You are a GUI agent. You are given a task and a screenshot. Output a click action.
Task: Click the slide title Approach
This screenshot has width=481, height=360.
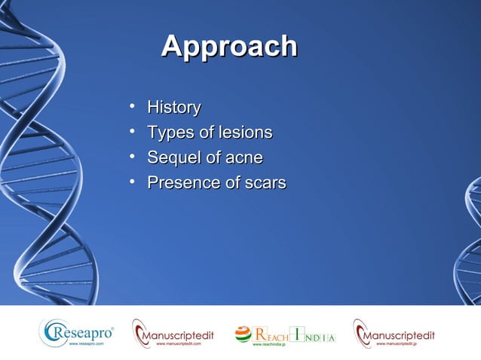point(229,47)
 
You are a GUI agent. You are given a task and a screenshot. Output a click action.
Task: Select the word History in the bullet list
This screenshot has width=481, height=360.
point(173,108)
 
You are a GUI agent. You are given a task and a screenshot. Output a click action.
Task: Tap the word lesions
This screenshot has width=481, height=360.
point(244,133)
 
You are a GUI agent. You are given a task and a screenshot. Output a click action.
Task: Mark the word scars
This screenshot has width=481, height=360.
point(264,183)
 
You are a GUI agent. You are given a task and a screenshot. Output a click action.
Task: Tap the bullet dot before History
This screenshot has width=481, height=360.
point(132,108)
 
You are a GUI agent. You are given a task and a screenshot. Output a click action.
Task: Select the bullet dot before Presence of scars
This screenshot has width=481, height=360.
point(132,183)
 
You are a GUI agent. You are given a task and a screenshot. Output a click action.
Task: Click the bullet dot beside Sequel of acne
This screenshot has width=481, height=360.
point(132,158)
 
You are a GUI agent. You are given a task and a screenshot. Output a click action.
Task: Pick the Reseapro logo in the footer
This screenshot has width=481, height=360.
point(77,332)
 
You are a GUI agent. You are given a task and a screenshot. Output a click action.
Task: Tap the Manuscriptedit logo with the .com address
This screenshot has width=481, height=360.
point(173,332)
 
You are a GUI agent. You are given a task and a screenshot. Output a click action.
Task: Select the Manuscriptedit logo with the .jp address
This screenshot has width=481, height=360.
point(394,332)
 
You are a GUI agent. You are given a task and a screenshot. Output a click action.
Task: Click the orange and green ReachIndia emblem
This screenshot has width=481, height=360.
point(243,334)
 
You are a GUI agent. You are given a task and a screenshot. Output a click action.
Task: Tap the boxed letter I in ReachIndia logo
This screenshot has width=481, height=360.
point(299,334)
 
